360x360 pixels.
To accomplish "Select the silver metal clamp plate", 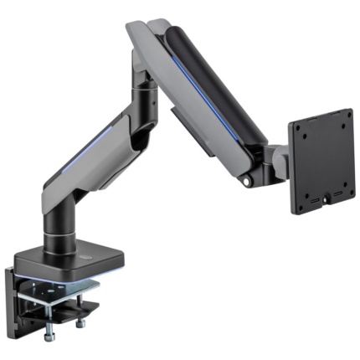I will coord(67,293).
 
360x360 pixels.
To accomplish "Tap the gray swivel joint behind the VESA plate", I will coord(276,159).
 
